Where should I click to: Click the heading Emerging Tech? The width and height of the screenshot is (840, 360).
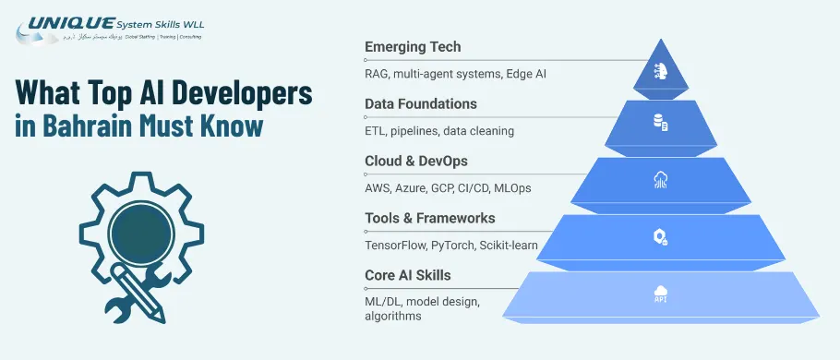413,46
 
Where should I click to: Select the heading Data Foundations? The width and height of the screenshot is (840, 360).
421,103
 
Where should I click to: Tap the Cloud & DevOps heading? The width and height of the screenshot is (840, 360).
416,161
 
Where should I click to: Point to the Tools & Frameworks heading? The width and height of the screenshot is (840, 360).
430,218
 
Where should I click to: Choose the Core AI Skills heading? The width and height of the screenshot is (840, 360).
411,275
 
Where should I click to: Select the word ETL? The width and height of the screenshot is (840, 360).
375,131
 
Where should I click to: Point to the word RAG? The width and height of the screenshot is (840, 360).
378,74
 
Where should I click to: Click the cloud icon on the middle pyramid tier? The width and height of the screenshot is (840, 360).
660,181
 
